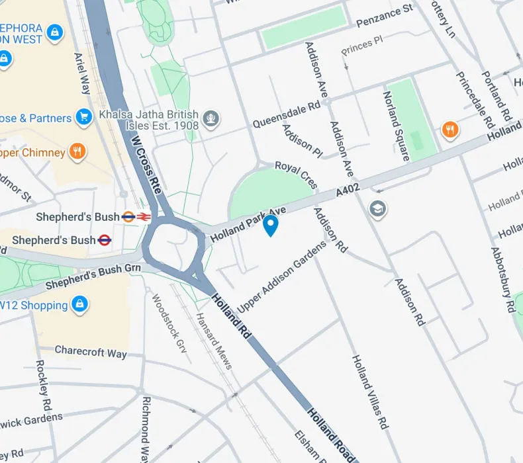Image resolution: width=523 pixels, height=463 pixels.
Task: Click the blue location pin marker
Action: point(270,225)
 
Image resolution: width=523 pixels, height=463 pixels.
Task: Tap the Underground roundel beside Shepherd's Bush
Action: point(105,239)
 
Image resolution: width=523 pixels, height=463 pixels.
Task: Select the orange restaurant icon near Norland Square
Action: point(450,130)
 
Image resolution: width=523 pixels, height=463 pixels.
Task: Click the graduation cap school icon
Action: point(378,210)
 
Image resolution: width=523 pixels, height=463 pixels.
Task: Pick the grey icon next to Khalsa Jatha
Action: point(211,118)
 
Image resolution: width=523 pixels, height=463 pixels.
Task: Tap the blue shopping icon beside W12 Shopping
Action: point(79,305)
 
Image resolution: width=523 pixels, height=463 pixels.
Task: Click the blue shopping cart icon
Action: point(83,118)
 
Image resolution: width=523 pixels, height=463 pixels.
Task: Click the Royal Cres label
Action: point(296,174)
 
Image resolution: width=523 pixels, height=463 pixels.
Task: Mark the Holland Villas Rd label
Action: point(369,392)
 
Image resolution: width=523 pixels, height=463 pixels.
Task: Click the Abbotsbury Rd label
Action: point(503,279)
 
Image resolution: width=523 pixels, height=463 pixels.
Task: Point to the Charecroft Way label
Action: point(91,352)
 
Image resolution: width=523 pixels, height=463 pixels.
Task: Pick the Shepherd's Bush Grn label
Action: point(93,278)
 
